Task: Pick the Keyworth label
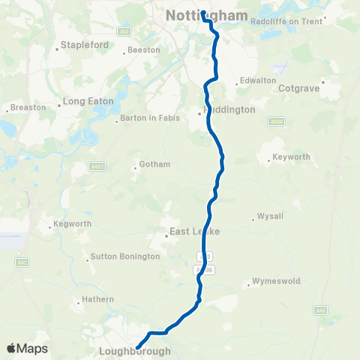point(292,158)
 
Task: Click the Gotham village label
point(155,164)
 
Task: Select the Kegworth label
point(73,223)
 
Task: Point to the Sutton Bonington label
point(124,256)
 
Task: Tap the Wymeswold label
point(276,282)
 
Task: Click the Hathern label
point(99,299)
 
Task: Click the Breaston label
point(28,108)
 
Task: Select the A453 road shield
point(96,166)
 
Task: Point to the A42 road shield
point(24,262)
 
